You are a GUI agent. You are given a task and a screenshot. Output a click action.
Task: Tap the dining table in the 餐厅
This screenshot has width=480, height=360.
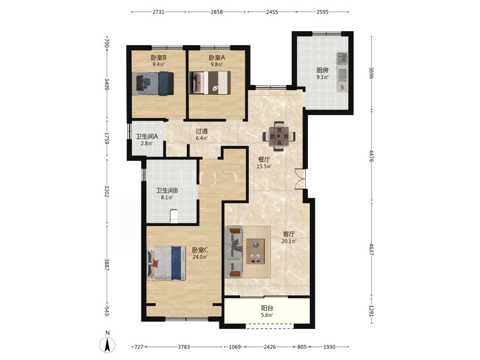pyautogui.click(x=279, y=136)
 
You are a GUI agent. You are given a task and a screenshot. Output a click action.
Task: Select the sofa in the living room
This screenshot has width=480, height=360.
pyautogui.click(x=233, y=252)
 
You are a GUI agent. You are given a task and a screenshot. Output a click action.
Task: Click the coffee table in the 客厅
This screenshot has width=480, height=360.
pyautogui.click(x=255, y=251)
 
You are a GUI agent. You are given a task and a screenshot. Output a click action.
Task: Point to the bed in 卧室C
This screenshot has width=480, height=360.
pyautogui.click(x=166, y=263)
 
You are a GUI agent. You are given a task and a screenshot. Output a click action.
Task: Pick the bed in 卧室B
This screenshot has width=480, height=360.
pyautogui.click(x=153, y=84)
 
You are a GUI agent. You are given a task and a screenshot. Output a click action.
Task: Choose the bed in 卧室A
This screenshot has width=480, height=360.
pyautogui.click(x=210, y=83)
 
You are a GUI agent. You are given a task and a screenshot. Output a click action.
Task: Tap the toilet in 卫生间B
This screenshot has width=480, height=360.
pyautogui.click(x=174, y=216)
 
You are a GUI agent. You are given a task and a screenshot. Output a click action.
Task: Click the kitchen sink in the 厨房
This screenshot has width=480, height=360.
pyautogui.click(x=342, y=58)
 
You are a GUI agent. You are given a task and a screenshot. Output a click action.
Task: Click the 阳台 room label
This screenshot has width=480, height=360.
pyautogui.click(x=267, y=308)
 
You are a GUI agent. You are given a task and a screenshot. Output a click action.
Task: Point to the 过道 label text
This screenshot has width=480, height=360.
pyautogui.click(x=202, y=131)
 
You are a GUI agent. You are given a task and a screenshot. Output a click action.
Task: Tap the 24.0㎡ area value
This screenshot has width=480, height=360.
pyautogui.click(x=200, y=257)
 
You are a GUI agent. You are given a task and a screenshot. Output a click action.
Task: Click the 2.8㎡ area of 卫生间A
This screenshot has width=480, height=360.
pyautogui.click(x=147, y=143)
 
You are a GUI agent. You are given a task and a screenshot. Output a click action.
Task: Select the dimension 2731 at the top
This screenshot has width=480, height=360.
pyautogui.click(x=159, y=12)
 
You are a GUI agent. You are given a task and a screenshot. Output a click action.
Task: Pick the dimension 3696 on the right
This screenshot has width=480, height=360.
pyautogui.click(x=371, y=73)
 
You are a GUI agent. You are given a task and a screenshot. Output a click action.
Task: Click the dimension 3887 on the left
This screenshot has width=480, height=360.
pyautogui.click(x=107, y=264)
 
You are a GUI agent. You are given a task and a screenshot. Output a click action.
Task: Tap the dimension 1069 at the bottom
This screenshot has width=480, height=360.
pyautogui.click(x=235, y=347)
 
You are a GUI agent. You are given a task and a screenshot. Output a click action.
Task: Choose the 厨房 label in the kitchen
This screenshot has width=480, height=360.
pyautogui.click(x=323, y=70)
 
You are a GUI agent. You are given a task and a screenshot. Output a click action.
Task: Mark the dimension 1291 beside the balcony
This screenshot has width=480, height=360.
pyautogui.click(x=371, y=311)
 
